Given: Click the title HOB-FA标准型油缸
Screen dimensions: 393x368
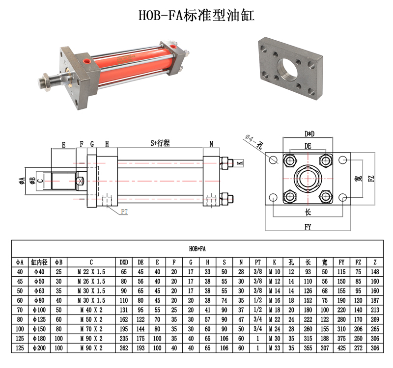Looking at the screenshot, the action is pos(196,15).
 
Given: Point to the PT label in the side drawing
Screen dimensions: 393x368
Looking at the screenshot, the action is pos(124,211).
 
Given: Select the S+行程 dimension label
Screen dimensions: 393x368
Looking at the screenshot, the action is pos(160,143).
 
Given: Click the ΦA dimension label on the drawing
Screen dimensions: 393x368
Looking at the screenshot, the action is pos(22,180).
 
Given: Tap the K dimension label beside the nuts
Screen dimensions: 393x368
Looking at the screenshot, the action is pos(240,163).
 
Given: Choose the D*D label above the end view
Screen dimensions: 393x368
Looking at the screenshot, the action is pos(309,134).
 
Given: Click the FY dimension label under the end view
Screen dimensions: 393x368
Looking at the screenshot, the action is pos(308,227).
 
